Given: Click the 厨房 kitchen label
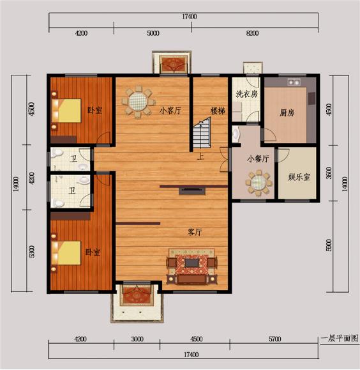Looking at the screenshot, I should (x=287, y=113).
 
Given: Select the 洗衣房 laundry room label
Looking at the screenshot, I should (x=246, y=94).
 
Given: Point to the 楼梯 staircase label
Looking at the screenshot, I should (x=218, y=111).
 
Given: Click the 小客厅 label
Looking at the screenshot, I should (x=170, y=110).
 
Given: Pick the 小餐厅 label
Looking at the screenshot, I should (x=258, y=158).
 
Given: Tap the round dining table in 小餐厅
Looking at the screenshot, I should (x=258, y=185).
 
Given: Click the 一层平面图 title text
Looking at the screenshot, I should (x=339, y=337).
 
